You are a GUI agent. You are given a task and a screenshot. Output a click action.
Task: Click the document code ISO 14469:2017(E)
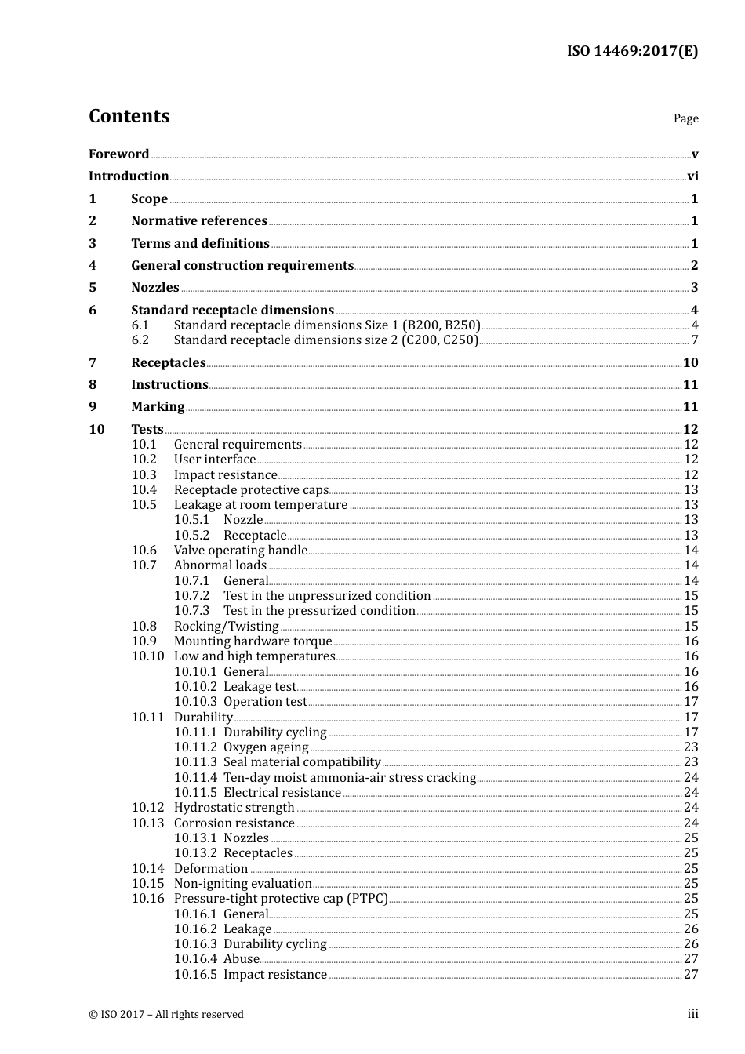[x=632, y=51]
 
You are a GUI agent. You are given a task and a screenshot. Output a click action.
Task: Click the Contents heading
[x=129, y=116]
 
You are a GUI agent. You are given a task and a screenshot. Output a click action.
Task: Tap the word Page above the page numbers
[x=685, y=118]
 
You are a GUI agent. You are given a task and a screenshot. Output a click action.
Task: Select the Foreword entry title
[x=118, y=154]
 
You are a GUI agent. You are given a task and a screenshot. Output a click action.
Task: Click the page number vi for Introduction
[x=692, y=176]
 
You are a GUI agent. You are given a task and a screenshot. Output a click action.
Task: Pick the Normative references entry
[x=199, y=221]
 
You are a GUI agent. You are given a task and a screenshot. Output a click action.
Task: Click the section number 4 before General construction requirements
[x=93, y=266]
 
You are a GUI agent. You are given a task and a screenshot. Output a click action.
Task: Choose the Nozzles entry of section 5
[x=155, y=288]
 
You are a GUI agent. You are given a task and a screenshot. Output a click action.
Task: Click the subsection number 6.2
[x=140, y=340]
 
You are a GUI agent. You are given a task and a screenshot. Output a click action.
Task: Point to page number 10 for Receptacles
[x=690, y=362]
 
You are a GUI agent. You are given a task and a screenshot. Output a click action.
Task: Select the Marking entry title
[x=158, y=407]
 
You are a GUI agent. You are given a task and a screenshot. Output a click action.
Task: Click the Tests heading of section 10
[x=147, y=429]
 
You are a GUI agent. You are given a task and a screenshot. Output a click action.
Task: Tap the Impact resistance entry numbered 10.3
[x=226, y=475]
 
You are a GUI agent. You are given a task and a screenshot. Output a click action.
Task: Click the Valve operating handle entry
[x=241, y=551]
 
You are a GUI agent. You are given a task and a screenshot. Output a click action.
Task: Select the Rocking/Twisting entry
[x=227, y=627]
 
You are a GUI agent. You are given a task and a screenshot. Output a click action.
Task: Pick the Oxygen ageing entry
[x=266, y=747]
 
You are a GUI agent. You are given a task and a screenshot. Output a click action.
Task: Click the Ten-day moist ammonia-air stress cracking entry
[x=350, y=778]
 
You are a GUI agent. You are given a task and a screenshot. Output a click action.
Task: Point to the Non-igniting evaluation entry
[x=243, y=884]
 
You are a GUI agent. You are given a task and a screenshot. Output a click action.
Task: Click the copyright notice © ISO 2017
[x=166, y=1014]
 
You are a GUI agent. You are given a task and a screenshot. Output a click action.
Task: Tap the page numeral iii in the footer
[x=692, y=1014]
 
